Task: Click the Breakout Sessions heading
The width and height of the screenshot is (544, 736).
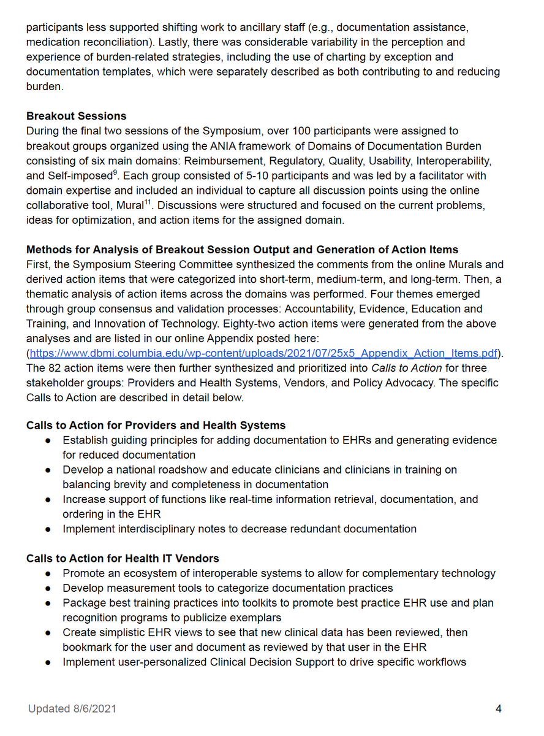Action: click(x=76, y=116)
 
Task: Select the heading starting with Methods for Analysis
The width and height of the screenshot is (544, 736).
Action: click(x=242, y=250)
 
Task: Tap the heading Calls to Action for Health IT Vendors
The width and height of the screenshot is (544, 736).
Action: click(x=123, y=558)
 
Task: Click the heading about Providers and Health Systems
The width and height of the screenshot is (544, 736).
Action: click(x=156, y=425)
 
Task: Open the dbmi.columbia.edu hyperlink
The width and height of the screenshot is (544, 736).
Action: click(x=263, y=353)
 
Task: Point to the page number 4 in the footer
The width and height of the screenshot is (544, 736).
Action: click(x=498, y=708)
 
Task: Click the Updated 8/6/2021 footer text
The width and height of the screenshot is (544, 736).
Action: click(x=72, y=708)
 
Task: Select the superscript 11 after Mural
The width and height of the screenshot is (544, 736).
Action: click(x=147, y=202)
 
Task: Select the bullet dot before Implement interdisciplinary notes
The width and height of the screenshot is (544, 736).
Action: click(x=48, y=529)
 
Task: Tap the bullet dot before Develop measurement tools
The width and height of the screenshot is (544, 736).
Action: click(x=48, y=588)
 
